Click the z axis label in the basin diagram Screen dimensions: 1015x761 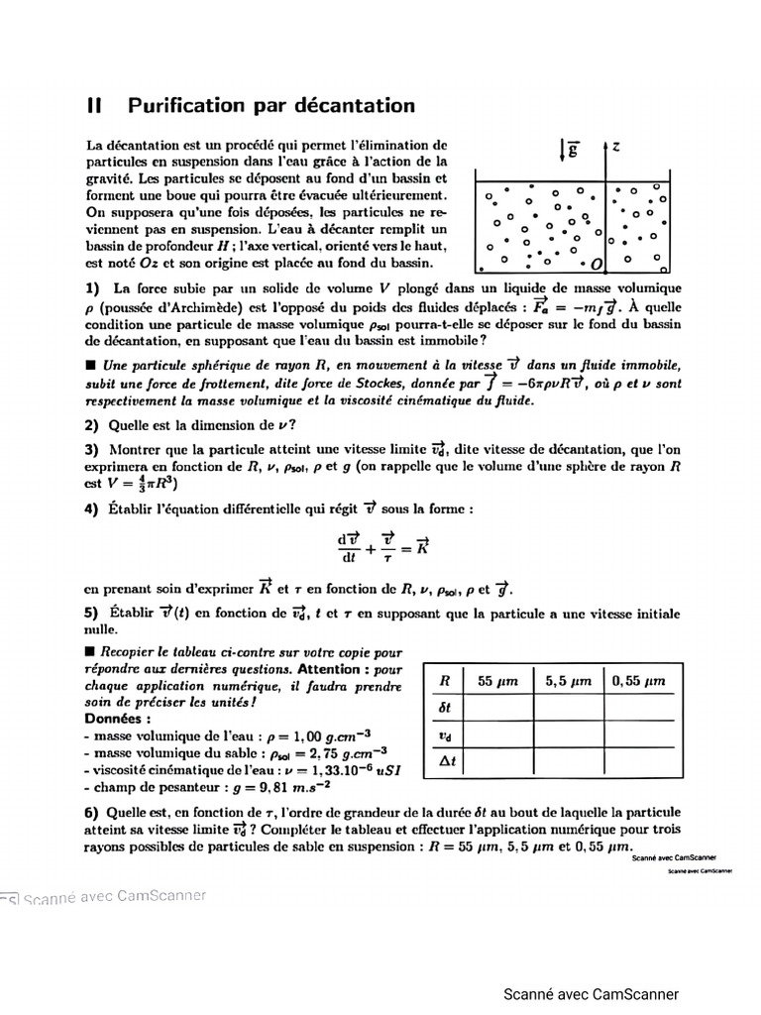616,147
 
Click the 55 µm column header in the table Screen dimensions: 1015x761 497,681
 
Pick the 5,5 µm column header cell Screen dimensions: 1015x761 569,681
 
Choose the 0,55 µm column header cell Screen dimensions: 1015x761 639,681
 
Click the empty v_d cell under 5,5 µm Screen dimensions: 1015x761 569,735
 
